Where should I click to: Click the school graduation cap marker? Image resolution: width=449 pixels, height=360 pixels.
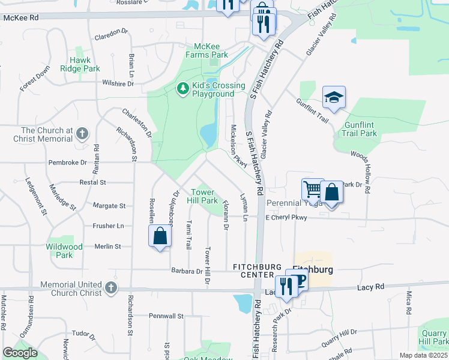coord(334,97)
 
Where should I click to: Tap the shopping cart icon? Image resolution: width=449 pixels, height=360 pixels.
coord(313,190)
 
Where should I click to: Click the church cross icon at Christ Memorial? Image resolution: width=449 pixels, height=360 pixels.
coord(82,134)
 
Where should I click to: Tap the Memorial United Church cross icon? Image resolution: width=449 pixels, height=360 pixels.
coord(110,288)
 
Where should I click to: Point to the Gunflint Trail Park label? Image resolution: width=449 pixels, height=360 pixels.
coord(360,129)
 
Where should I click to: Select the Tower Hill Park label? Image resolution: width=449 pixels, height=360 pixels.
coord(202,196)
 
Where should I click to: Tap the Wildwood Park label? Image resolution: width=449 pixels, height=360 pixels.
coord(64,251)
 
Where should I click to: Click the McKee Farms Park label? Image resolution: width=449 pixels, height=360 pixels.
coord(211,50)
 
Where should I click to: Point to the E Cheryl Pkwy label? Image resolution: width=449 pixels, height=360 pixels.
coord(286,217)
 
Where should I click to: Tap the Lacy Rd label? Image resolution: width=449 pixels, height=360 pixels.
coord(370,288)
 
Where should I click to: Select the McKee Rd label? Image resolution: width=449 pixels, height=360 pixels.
coord(21,18)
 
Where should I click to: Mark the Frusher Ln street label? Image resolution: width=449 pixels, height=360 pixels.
coord(108,226)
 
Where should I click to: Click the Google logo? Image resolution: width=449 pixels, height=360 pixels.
coord(20,353)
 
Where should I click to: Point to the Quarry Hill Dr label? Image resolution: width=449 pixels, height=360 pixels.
coord(339,340)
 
